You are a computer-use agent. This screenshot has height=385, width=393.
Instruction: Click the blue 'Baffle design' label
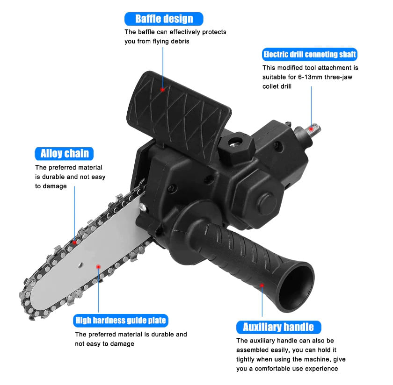(164, 19)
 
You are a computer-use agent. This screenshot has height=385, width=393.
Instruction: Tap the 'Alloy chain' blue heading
(64, 153)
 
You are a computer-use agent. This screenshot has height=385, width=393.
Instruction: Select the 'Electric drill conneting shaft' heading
(310, 54)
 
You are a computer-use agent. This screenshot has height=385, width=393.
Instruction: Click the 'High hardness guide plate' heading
(121, 321)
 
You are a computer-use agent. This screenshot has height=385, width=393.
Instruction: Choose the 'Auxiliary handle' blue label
(278, 327)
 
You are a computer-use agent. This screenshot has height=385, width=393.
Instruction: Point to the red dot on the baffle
(162, 89)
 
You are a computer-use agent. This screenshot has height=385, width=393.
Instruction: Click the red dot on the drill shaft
(311, 128)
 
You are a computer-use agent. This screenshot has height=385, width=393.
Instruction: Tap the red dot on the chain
(74, 242)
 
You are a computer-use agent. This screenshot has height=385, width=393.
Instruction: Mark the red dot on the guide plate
(98, 267)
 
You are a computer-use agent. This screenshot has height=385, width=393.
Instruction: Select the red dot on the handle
(262, 285)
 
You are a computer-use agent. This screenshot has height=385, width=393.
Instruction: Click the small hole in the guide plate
(80, 265)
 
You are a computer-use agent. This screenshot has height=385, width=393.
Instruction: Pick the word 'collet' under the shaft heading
(270, 86)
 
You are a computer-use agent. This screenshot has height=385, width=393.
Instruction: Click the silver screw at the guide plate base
(142, 207)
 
